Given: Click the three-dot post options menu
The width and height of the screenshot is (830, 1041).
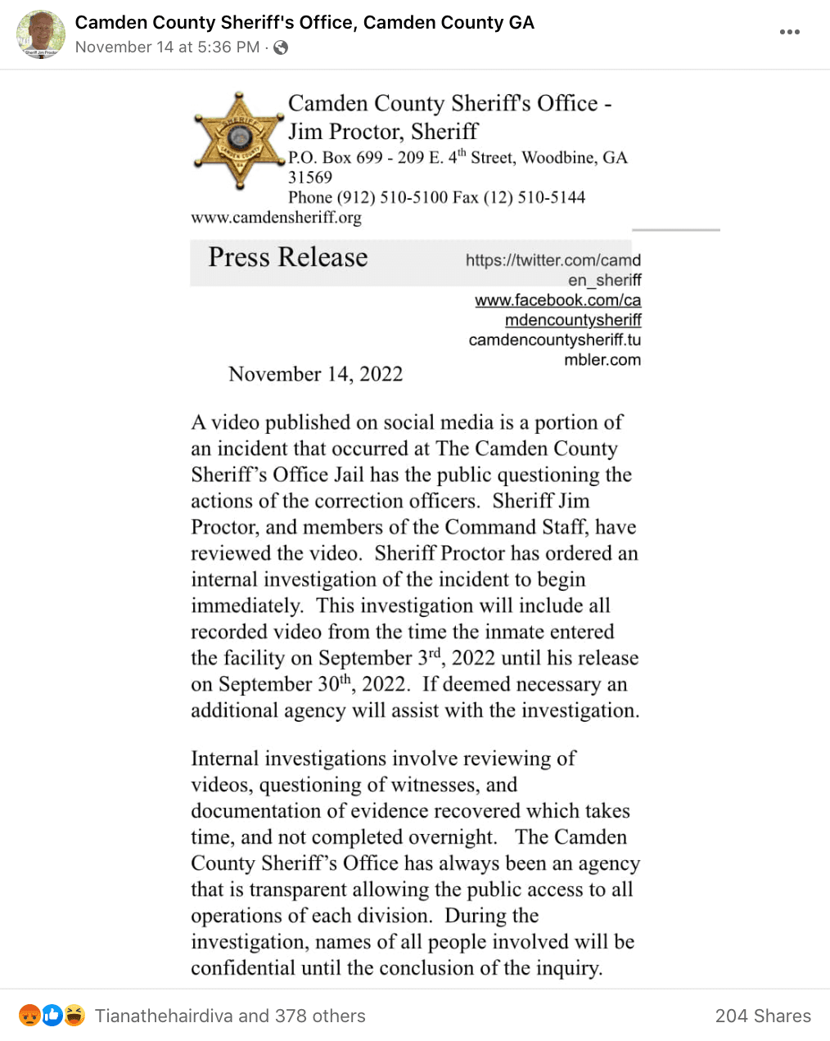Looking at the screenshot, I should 789,32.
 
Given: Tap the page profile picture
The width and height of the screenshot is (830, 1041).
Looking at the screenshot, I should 41,34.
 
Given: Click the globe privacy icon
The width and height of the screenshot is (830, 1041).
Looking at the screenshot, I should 281,47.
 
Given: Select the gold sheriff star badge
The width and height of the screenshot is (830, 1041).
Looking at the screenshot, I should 238,141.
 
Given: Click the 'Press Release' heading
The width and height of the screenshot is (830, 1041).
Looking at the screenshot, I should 287,257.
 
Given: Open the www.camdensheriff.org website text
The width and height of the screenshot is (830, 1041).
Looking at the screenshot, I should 276,217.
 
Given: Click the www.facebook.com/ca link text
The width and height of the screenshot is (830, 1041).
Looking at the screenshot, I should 557,300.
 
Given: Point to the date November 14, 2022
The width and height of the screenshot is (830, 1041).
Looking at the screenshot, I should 315,374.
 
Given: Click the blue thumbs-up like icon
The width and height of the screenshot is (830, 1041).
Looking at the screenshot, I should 52,1016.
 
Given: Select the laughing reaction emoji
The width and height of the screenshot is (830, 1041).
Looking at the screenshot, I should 74,1016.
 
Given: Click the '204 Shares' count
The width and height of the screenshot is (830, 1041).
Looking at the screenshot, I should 763,1016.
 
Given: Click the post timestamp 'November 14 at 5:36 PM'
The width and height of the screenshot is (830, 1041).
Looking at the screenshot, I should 167,47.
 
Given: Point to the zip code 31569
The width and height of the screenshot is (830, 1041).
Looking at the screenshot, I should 310,178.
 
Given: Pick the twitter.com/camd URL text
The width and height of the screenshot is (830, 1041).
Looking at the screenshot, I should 553,260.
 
